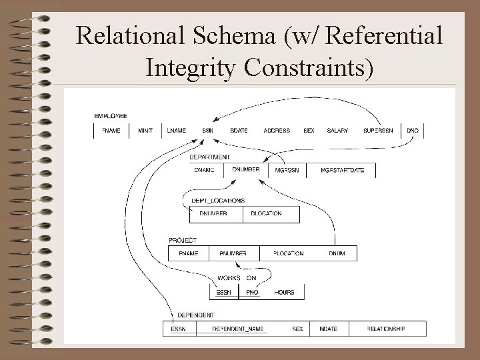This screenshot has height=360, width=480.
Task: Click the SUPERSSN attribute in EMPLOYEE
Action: tap(379, 131)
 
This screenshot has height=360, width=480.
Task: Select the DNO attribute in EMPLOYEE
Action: tap(413, 131)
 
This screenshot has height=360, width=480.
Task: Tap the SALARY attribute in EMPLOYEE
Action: tap(337, 131)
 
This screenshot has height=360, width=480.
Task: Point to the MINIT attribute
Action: tap(145, 131)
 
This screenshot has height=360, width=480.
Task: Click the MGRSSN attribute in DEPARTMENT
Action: tap(287, 171)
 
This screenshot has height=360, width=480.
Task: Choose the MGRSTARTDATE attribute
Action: tap(342, 171)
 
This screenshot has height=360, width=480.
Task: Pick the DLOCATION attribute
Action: tap(266, 214)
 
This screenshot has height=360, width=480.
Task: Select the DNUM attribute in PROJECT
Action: tap(337, 253)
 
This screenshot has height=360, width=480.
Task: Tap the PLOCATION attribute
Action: tap(289, 253)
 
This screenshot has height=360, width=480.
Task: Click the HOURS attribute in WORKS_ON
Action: tap(284, 292)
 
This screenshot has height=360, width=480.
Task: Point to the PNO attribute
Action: tap(252, 292)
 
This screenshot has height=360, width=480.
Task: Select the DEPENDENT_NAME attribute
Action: tap(238, 329)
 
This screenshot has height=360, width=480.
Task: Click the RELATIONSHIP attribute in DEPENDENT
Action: tap(386, 329)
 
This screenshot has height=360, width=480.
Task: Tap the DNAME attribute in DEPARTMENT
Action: tap(205, 171)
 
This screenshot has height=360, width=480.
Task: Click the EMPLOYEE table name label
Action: tap(111, 116)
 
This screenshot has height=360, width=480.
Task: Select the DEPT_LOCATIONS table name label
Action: tap(218, 200)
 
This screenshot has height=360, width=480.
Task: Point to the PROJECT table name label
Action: tap(183, 240)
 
